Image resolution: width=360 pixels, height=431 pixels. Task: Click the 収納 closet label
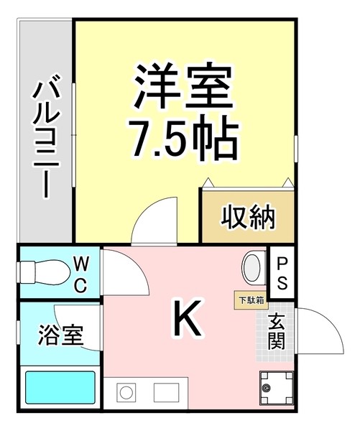tap(248, 215)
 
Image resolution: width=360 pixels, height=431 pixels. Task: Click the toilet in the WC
tap(40, 272)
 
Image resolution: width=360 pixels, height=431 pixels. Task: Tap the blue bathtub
tap(60, 388)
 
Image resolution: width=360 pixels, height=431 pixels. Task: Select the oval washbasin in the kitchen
tap(253, 268)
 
